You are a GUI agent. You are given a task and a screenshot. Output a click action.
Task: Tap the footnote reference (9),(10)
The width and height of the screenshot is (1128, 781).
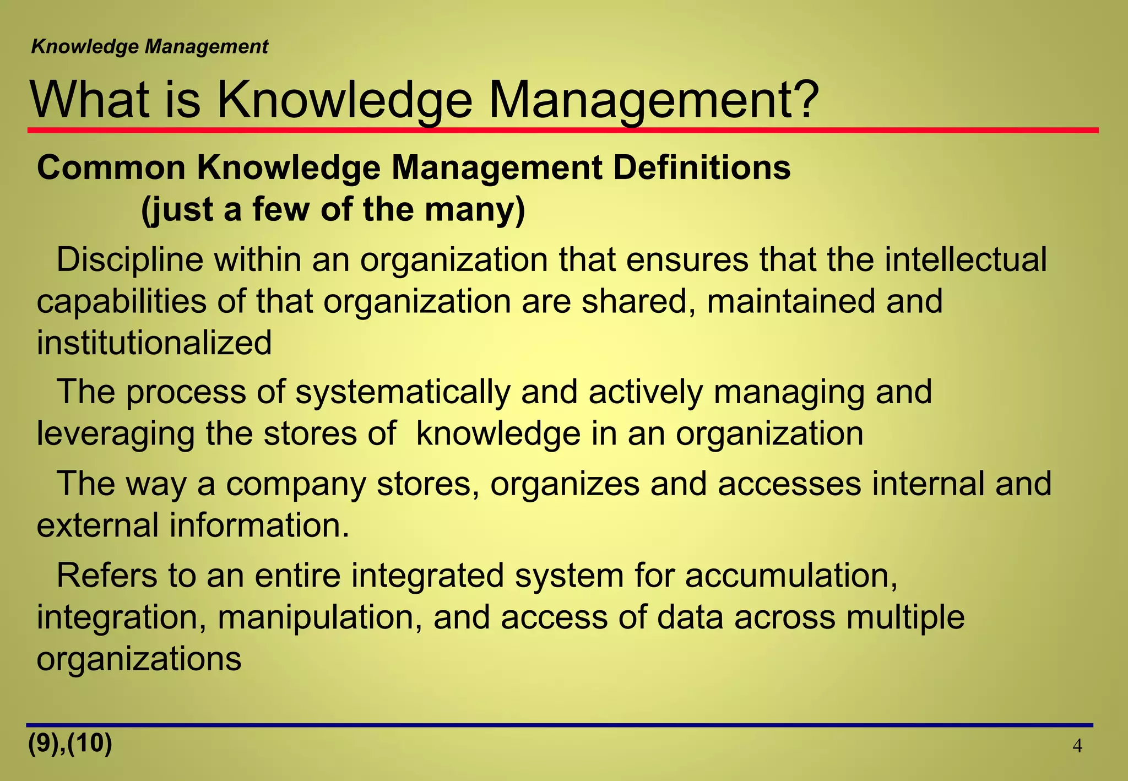click(70, 744)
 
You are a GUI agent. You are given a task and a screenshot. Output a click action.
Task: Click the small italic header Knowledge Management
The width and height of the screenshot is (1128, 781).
click(149, 47)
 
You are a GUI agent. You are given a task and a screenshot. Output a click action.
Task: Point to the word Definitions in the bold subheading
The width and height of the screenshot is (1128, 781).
click(702, 167)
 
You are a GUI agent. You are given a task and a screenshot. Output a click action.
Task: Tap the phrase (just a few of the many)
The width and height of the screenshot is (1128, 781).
click(333, 210)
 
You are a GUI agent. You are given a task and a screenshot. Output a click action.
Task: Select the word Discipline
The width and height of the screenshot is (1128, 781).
click(130, 259)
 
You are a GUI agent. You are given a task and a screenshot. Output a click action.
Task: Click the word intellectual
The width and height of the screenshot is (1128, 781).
click(966, 259)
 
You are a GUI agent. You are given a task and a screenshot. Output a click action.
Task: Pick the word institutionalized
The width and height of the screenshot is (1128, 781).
click(154, 343)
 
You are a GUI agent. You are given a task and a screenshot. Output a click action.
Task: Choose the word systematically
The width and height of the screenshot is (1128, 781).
click(403, 392)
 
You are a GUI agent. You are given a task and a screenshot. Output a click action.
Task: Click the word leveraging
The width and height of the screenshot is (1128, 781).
click(115, 434)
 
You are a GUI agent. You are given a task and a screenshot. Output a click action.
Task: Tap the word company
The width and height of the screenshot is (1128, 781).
click(296, 484)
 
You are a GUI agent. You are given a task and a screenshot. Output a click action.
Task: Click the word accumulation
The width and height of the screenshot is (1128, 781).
click(791, 576)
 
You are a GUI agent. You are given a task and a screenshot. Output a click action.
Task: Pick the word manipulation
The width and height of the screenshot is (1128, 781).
click(319, 617)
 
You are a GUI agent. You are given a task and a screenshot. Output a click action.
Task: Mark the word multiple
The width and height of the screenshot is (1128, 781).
click(905, 617)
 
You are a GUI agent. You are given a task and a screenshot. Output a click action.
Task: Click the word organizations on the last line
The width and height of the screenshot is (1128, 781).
click(139, 659)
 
